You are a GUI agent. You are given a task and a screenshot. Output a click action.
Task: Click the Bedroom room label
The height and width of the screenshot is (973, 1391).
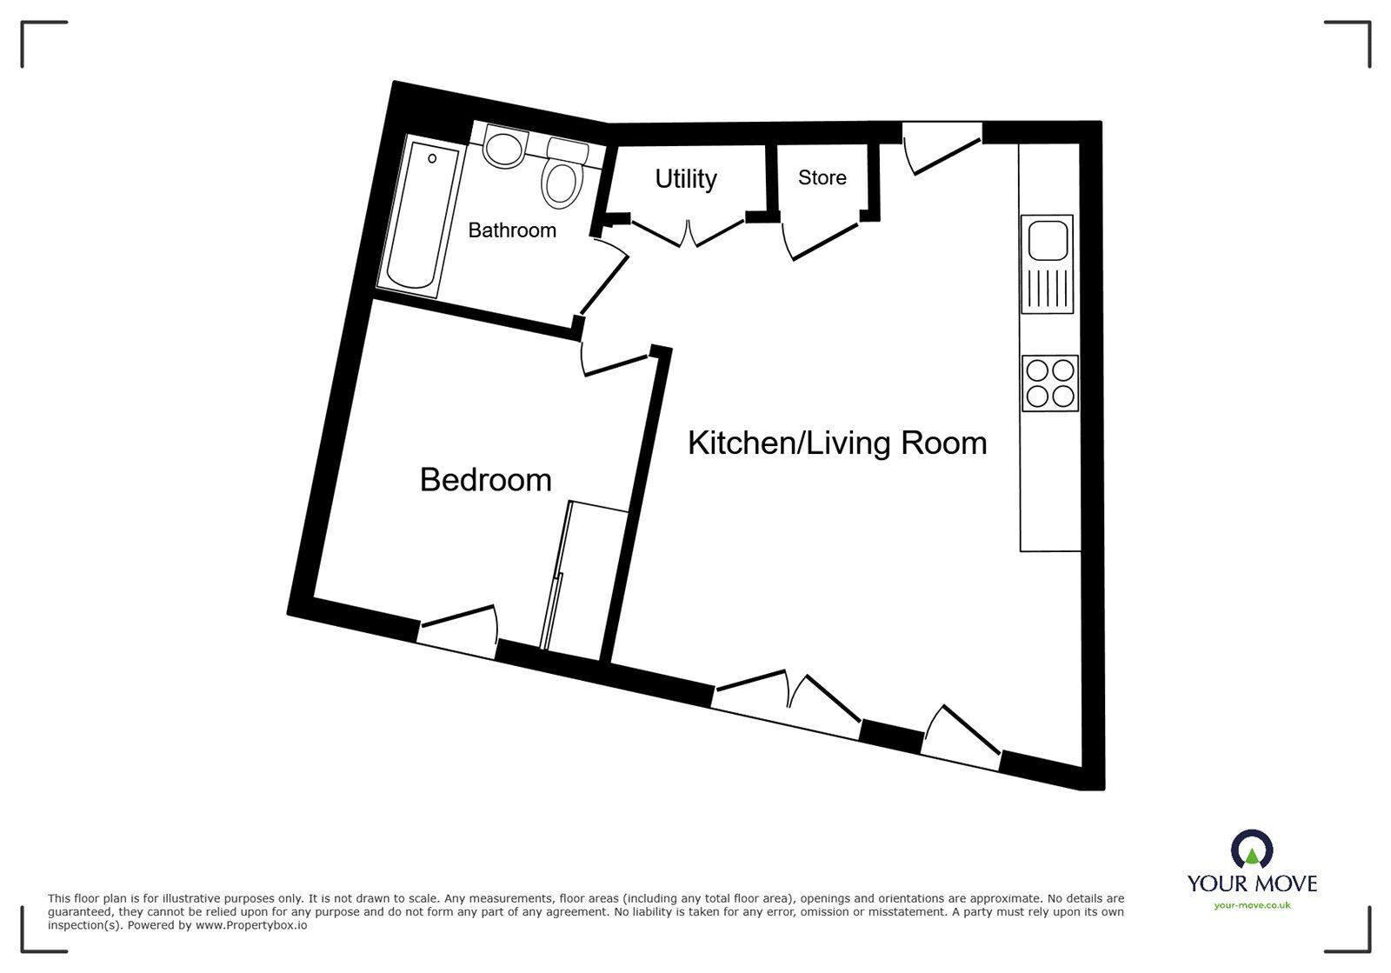(485, 480)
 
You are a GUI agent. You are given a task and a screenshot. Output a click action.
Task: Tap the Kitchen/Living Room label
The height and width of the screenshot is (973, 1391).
(837, 443)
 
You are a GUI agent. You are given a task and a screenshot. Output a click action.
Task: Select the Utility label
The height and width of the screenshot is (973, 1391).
(686, 179)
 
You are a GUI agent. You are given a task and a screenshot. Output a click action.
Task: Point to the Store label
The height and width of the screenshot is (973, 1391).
(822, 178)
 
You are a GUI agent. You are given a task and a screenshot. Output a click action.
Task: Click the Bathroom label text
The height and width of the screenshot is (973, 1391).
(512, 230)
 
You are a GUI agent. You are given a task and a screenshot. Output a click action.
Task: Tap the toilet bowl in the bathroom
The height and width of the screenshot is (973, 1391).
(562, 183)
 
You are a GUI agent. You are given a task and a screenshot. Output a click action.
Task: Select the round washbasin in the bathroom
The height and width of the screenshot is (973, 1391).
(504, 149)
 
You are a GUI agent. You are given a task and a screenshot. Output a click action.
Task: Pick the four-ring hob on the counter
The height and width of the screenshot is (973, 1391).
(1050, 383)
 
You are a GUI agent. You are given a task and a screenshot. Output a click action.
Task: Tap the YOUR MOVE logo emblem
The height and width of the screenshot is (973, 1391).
(1252, 850)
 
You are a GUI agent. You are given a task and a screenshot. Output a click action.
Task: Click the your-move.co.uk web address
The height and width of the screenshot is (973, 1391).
(1252, 906)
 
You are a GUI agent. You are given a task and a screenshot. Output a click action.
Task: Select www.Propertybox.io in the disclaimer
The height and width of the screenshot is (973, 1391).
(250, 926)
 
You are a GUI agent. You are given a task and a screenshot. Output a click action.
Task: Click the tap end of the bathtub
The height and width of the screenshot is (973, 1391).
(432, 159)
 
